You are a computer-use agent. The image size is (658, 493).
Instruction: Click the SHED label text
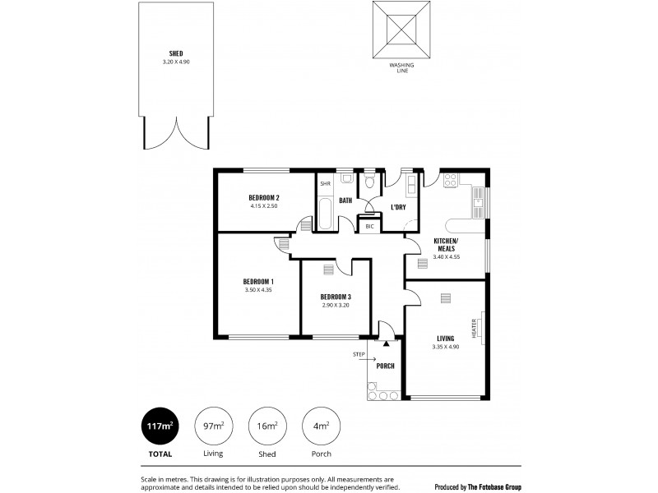175,53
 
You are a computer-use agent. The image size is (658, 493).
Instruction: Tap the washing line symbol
402,30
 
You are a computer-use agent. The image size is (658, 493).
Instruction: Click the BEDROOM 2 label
265,197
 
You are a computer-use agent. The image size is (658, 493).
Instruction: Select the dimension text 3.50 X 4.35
258,289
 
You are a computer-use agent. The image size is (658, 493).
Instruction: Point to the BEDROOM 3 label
336,297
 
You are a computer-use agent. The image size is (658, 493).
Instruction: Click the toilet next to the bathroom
370,180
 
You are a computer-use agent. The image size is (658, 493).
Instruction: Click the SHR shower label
325,184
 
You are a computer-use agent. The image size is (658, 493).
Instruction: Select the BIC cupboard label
369,226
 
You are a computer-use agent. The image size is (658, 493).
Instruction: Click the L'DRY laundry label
398,206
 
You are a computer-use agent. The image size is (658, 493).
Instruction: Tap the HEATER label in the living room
475,329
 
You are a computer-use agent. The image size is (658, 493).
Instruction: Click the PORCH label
385,366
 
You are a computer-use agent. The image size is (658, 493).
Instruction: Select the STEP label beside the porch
358,354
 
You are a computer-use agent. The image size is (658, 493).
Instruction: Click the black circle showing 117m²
160,426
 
